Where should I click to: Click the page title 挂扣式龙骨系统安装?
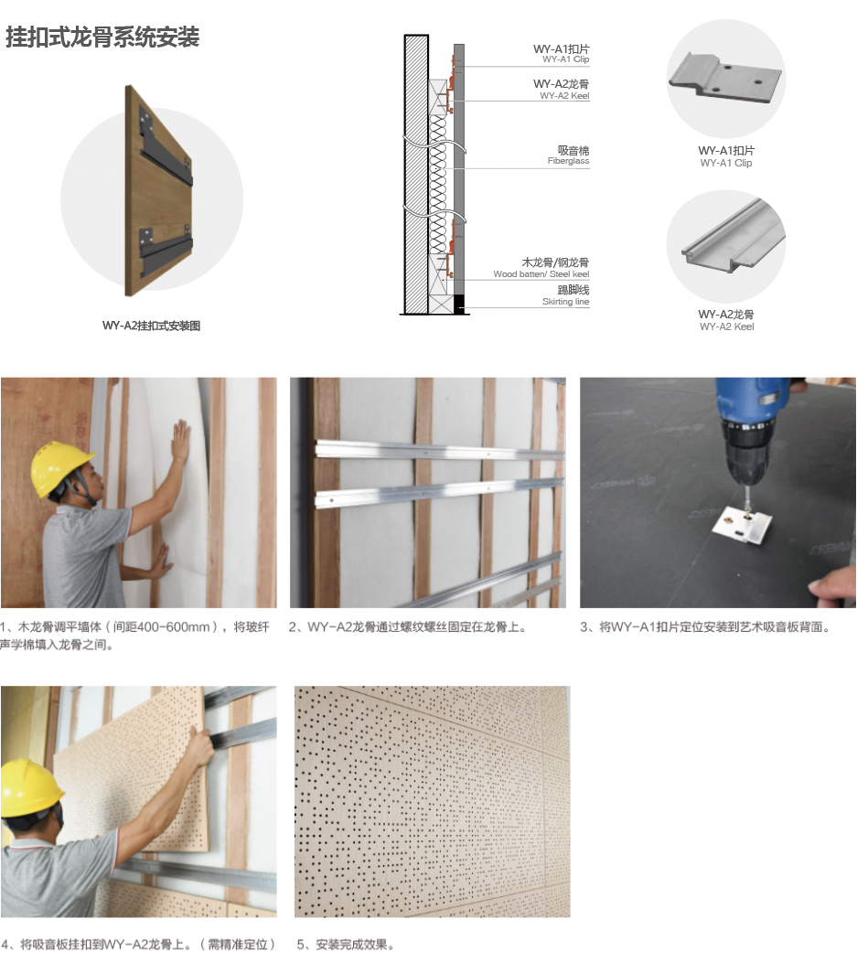coord(102,37)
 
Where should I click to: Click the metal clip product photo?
coord(724,78)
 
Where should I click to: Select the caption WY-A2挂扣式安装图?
coord(151,326)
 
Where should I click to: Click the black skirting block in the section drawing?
coord(459,304)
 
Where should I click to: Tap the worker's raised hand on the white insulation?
coord(180,441)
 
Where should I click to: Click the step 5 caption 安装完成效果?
coord(345,944)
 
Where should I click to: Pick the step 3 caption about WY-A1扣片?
coord(705,627)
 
